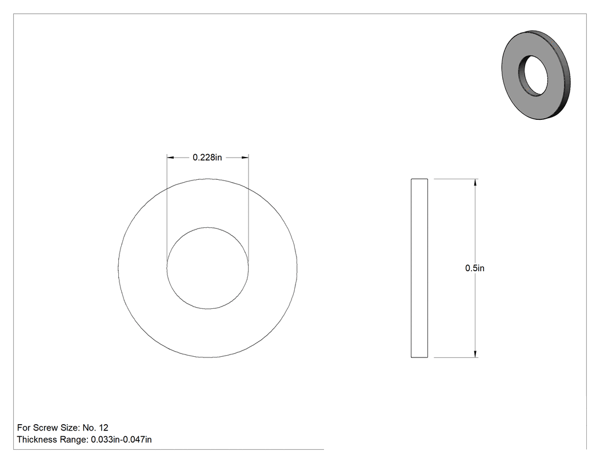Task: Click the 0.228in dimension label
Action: [207, 158]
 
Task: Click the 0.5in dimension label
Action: [474, 268]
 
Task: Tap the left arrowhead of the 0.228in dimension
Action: [171, 158]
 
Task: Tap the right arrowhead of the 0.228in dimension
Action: [245, 158]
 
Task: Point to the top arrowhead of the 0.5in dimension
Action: [475, 182]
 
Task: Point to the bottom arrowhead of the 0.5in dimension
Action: [475, 354]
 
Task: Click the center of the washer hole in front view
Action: [207, 268]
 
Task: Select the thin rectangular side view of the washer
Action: [419, 268]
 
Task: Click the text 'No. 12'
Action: [95, 428]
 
